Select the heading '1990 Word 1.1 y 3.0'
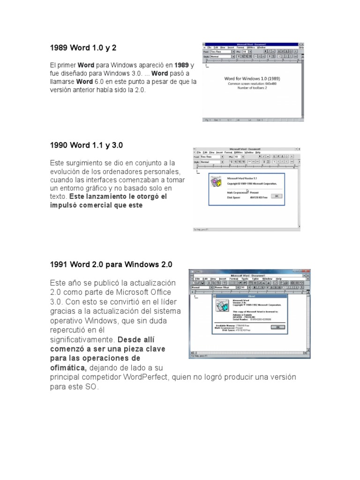[86, 145]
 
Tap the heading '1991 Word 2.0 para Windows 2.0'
[111, 264]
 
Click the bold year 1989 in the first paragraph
[182, 65]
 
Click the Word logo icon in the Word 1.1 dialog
[216, 183]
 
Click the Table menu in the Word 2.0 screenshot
[255, 278]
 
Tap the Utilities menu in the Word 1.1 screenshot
[238, 152]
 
